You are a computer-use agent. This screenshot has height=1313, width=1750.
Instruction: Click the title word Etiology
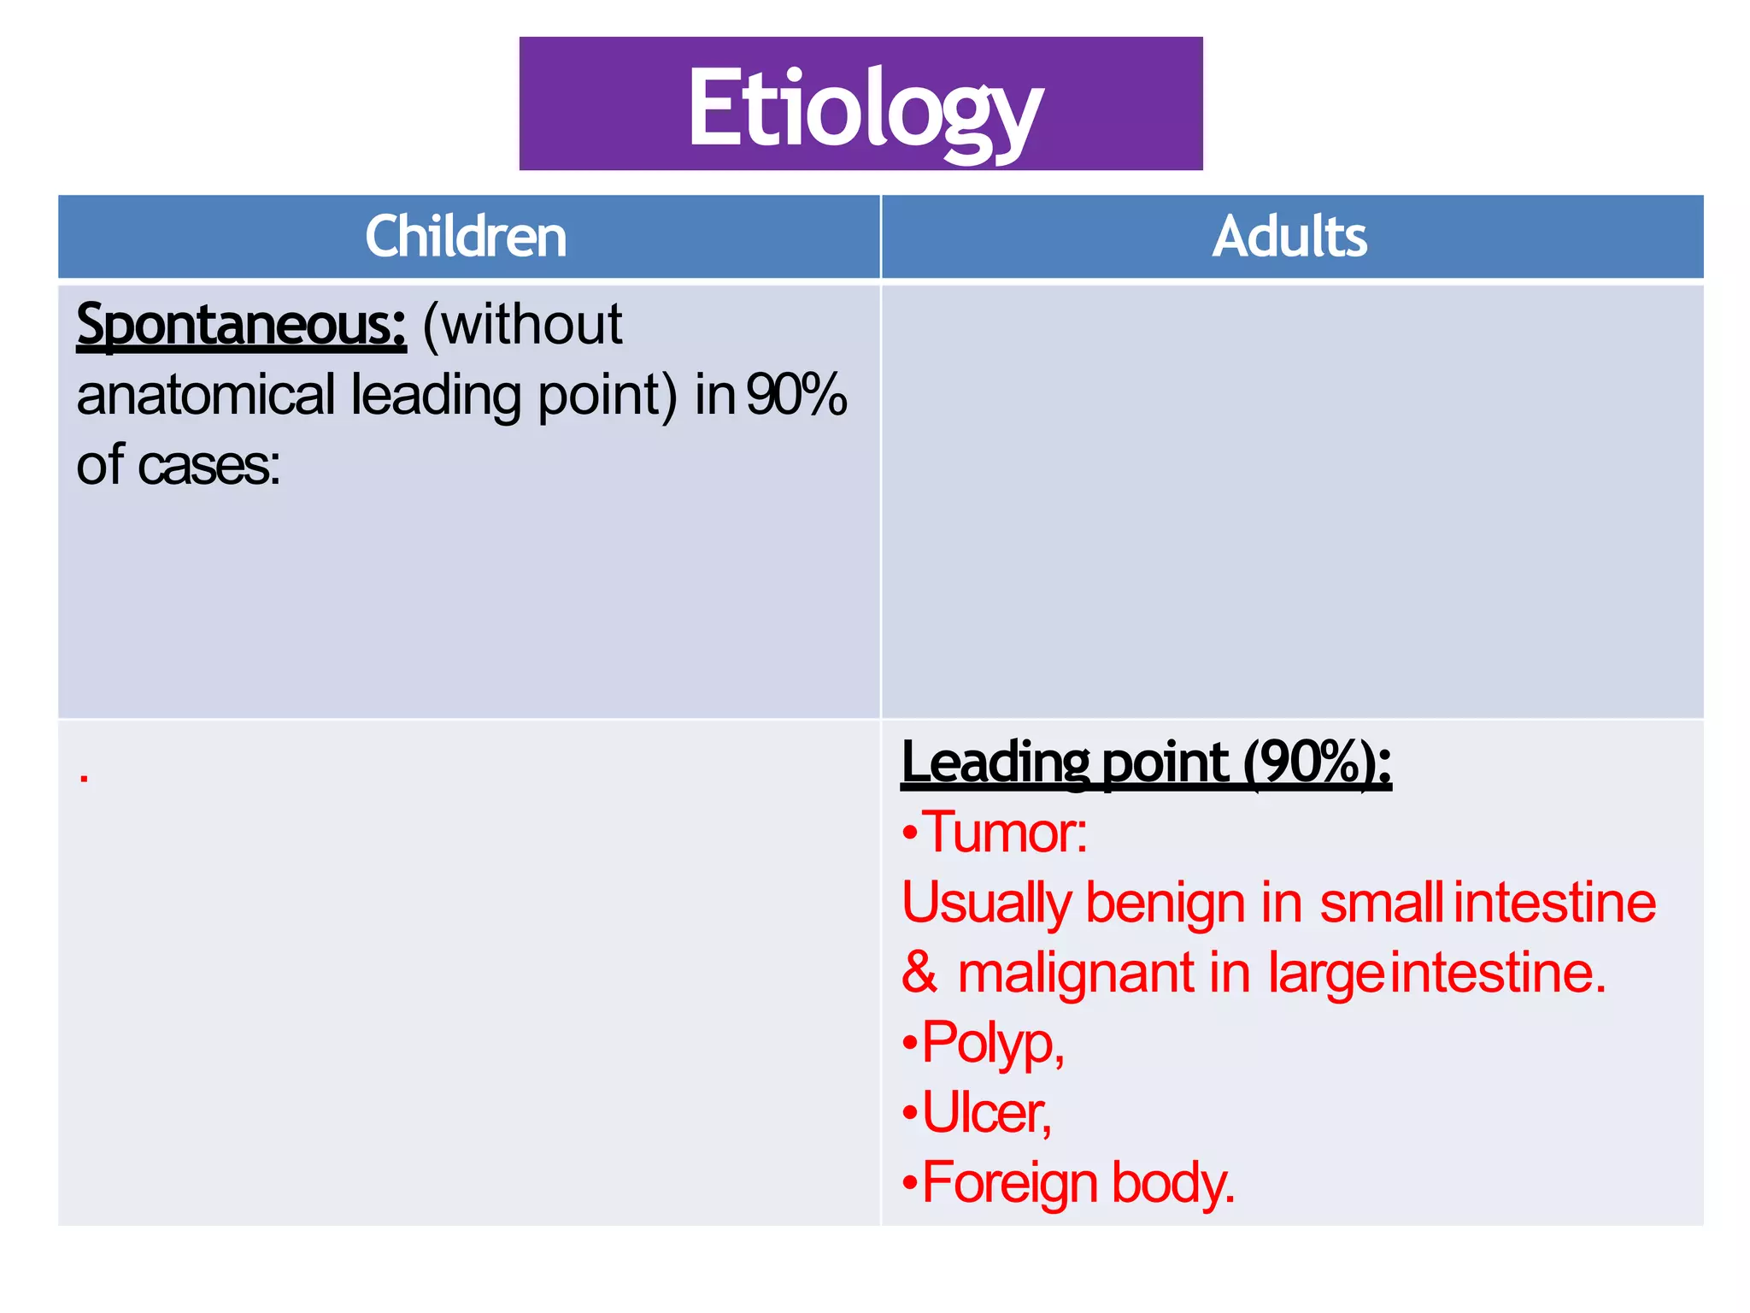[864, 109]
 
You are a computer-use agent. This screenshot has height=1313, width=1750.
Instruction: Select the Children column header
[466, 237]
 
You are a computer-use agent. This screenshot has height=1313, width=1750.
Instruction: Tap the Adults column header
[1289, 237]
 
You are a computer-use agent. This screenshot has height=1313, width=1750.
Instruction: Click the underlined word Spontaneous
[241, 326]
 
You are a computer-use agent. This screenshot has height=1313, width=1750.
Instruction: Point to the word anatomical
[205, 396]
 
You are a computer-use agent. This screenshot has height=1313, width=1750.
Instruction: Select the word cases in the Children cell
[208, 466]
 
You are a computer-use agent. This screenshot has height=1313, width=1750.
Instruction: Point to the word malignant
[1076, 973]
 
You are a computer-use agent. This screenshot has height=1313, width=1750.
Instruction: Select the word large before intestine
[1325, 973]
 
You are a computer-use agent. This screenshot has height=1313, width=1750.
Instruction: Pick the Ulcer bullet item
[986, 1113]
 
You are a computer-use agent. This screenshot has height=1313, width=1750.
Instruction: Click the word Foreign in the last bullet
[1009, 1183]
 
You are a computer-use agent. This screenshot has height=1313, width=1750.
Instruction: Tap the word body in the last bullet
[1173, 1183]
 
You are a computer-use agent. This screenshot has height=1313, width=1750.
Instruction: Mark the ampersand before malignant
[919, 973]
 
